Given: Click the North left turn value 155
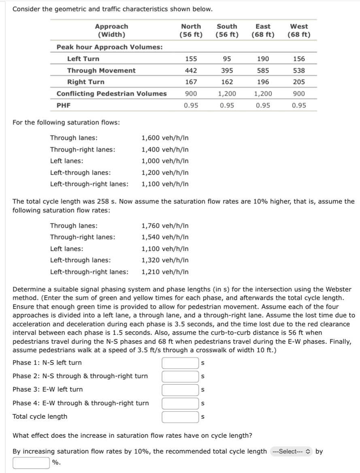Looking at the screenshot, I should (x=191, y=59).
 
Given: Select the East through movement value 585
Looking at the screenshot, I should (x=263, y=71).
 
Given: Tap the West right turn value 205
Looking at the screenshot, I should (x=299, y=82).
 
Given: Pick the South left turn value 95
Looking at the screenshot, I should (x=227, y=59).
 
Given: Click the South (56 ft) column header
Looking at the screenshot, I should (x=227, y=30).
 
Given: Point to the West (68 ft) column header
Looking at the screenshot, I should (x=299, y=30).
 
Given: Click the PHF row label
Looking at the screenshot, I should (x=64, y=105).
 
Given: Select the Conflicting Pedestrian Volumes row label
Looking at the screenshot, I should (x=111, y=94).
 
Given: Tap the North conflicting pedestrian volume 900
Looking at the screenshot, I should (x=191, y=94).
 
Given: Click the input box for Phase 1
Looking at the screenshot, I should (x=180, y=363).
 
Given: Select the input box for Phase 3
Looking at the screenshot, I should (x=180, y=390).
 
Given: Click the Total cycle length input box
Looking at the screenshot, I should (x=180, y=417).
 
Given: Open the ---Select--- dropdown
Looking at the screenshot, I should (x=291, y=452).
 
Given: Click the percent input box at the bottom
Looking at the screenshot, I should (x=32, y=462).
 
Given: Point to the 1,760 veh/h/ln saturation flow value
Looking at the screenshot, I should (x=165, y=226).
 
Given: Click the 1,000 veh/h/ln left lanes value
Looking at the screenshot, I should (x=165, y=161).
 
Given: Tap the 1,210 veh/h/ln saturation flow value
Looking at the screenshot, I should (x=165, y=272).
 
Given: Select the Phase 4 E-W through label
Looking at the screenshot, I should (x=81, y=403).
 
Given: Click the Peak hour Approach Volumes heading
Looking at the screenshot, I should (x=110, y=47).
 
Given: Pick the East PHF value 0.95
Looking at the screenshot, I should (x=263, y=105).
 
